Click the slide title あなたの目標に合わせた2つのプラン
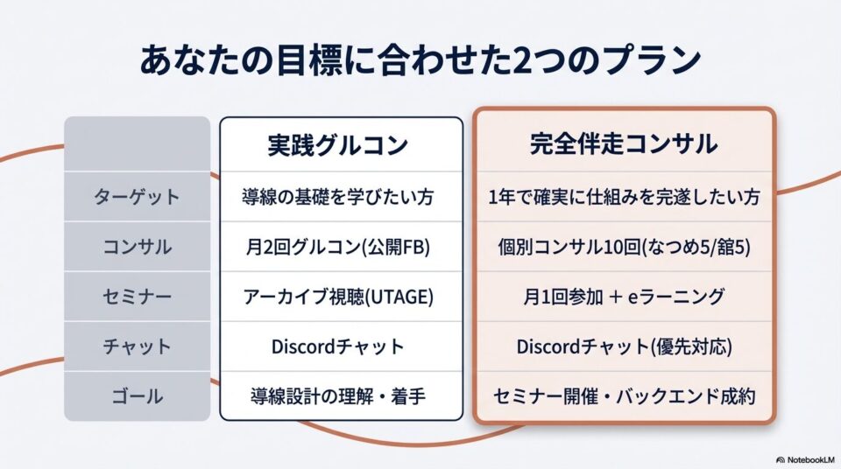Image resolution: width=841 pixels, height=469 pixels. (x=420, y=60)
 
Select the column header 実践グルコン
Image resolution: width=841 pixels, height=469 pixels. (x=338, y=145)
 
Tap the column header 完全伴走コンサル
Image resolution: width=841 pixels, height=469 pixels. (x=624, y=143)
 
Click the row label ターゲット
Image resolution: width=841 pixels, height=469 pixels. (x=137, y=197)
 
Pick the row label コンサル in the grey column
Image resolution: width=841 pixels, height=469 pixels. (x=137, y=247)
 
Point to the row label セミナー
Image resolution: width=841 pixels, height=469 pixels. (x=137, y=297)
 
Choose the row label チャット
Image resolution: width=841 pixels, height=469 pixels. (x=137, y=346)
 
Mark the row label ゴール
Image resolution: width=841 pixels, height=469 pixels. (x=137, y=396)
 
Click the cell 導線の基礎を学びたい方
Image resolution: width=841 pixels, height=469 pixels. (x=338, y=197)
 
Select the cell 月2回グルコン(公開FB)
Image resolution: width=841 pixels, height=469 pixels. (x=338, y=247)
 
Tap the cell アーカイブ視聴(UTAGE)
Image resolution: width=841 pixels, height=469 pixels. (x=338, y=297)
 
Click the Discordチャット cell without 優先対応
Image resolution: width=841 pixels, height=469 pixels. (x=338, y=346)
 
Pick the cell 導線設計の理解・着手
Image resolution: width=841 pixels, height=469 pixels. (x=338, y=396)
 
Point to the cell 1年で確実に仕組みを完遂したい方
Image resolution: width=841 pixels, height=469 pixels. (x=624, y=197)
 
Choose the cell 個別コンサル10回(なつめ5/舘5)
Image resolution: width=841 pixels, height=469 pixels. (x=624, y=247)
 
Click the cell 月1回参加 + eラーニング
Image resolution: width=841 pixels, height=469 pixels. (x=624, y=297)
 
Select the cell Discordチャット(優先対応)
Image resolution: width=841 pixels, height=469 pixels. (x=624, y=346)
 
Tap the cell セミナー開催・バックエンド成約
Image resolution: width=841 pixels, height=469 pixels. (x=624, y=396)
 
